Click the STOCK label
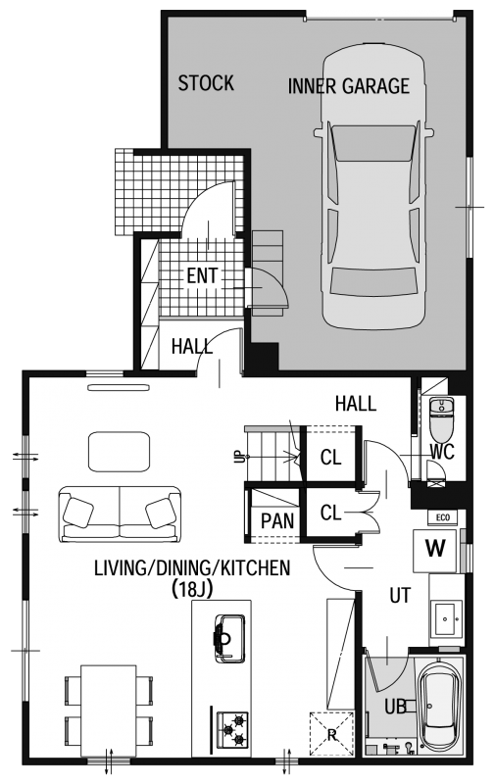[206, 83]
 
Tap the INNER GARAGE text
[349, 86]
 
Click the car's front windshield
[373, 143]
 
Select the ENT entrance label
[202, 275]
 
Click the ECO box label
[443, 517]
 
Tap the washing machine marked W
[435, 550]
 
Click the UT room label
[400, 596]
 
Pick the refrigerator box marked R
[331, 734]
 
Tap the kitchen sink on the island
[229, 639]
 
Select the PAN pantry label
[277, 521]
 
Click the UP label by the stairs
[240, 457]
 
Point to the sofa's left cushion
[78, 512]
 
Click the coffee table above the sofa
[119, 452]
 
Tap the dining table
[109, 710]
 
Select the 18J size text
[192, 590]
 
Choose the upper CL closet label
[331, 457]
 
